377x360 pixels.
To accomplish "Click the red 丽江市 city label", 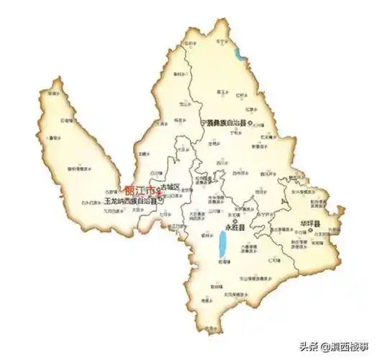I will [x=140, y=191].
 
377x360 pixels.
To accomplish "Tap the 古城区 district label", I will [x=170, y=187].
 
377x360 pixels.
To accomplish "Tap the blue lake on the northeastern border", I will [x=238, y=53].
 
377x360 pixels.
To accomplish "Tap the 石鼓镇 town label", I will [x=110, y=192].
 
